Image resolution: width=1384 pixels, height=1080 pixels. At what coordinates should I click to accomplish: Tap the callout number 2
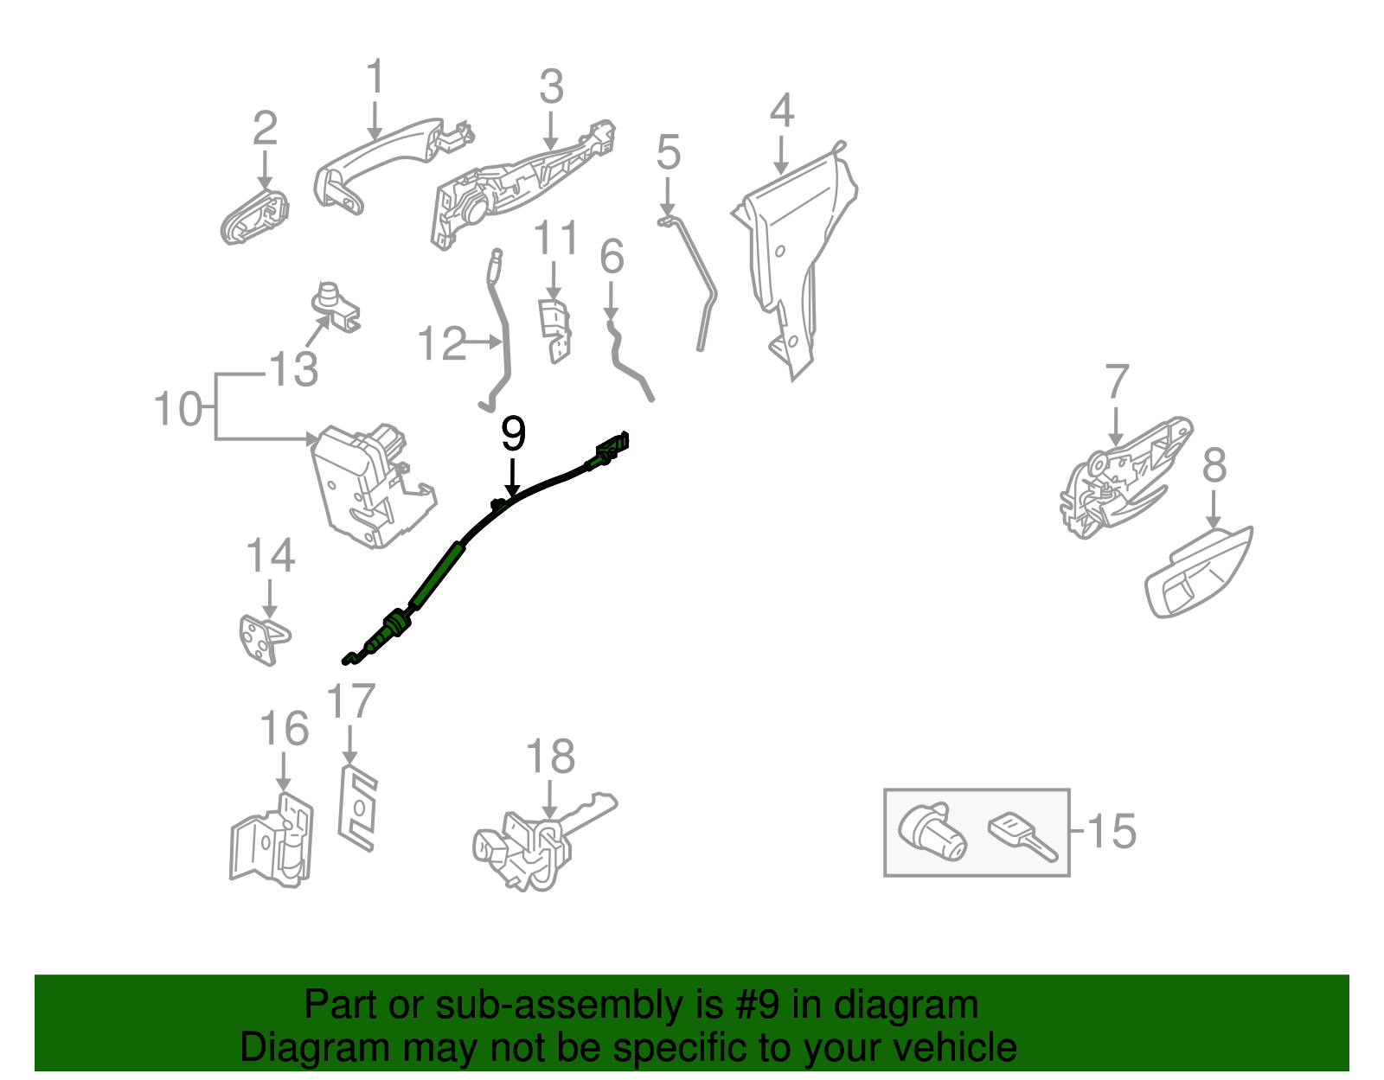tap(265, 128)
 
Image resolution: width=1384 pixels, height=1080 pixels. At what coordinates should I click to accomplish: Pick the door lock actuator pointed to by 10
tap(368, 484)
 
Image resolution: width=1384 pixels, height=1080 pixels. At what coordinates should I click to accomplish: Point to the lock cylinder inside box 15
tap(932, 832)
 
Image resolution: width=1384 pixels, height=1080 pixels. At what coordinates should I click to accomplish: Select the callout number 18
tap(550, 757)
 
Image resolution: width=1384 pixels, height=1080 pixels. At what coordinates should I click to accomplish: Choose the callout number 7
tap(1117, 381)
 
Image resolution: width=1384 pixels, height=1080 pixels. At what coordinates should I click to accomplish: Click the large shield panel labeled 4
tap(791, 251)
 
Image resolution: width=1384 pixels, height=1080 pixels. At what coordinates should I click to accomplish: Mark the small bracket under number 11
tap(555, 329)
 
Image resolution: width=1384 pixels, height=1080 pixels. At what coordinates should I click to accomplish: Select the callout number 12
tap(441, 344)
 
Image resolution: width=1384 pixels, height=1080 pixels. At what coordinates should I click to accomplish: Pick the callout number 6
tap(612, 257)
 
